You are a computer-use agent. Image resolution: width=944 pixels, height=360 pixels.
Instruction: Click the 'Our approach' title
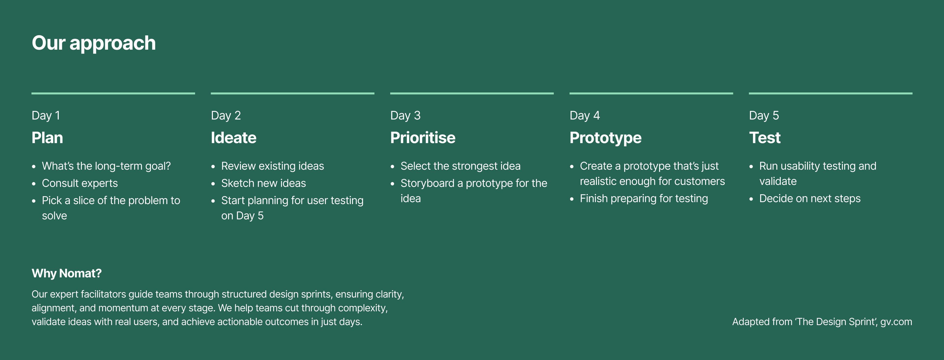94,44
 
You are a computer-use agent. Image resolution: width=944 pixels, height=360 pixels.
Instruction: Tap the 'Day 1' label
46,116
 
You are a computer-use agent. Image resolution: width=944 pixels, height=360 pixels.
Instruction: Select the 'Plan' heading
47,138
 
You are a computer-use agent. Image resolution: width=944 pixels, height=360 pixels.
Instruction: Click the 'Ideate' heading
234,138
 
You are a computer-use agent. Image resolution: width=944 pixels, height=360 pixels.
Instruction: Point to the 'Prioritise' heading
423,138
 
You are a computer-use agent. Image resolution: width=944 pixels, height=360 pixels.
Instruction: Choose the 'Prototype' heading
606,138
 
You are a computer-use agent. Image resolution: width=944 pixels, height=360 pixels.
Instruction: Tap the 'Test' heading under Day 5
765,138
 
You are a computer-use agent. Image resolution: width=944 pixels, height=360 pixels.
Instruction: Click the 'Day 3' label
405,116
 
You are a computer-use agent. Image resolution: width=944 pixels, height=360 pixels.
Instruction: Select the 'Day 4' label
585,116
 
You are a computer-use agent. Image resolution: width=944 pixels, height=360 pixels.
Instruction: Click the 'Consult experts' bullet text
80,183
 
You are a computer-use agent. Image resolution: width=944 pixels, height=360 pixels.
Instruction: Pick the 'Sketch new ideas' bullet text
264,183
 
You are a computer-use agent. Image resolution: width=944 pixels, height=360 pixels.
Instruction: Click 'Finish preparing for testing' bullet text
644,199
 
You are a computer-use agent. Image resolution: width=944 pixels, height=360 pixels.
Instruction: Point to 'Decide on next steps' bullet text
810,199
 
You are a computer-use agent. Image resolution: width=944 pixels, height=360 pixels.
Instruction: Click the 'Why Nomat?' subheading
67,273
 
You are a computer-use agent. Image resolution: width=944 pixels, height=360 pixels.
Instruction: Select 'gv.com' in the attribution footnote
896,322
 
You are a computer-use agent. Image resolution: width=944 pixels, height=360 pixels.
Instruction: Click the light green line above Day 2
293,93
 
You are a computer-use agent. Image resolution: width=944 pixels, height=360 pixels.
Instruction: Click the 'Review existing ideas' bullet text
273,166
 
